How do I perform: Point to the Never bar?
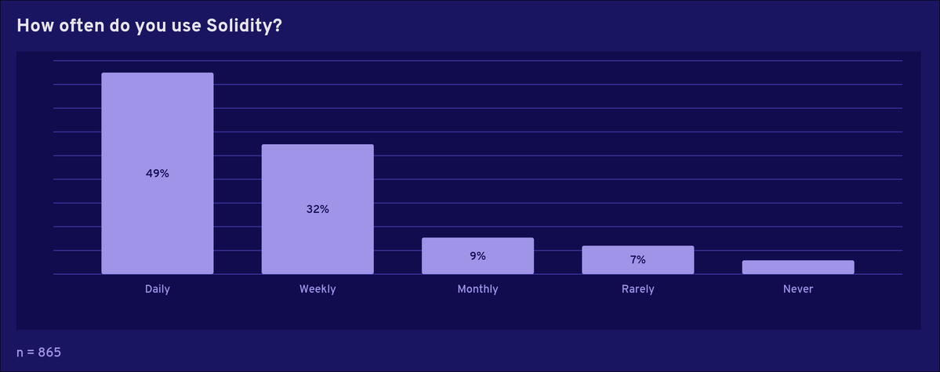797,267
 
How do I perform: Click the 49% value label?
157,173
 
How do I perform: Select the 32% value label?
318,209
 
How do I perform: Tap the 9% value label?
477,256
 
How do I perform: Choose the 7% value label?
637,259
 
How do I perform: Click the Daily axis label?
157,289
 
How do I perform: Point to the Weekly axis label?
318,289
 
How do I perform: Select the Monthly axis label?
477,289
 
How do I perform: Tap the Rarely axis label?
637,289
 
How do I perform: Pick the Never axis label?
797,289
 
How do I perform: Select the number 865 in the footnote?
49,352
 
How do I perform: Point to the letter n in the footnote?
20,353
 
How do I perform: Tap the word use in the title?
180,26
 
